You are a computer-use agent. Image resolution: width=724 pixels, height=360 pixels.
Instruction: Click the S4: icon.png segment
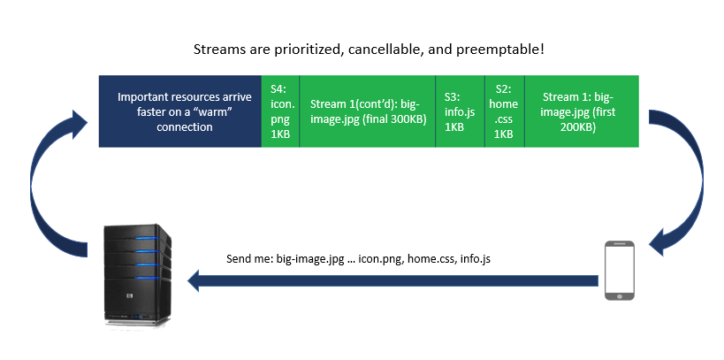[x=280, y=111]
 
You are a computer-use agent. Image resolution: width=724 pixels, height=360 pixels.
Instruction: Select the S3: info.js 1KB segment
[x=460, y=111]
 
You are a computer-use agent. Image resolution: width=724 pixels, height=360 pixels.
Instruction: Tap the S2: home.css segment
[x=505, y=111]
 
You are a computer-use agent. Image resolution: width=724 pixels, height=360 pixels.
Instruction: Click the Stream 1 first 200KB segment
[x=582, y=111]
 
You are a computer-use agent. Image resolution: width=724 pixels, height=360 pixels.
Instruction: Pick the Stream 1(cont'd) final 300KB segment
[x=368, y=111]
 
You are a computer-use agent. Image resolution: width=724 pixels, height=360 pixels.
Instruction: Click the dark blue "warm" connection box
[x=180, y=111]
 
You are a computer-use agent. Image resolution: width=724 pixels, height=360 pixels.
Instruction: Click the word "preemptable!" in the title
[x=500, y=50]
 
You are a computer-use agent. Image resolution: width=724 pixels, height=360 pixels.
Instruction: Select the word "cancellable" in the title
[x=386, y=50]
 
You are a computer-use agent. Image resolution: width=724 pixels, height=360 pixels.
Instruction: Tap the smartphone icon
[x=619, y=271]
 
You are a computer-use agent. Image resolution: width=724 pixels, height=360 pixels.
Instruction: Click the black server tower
[x=137, y=275]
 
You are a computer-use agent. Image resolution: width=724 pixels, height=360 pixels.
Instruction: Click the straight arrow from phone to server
[x=392, y=281]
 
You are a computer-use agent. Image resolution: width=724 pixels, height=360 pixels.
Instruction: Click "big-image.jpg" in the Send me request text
[x=310, y=259]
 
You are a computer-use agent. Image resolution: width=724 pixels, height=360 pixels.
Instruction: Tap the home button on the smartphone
[x=619, y=295]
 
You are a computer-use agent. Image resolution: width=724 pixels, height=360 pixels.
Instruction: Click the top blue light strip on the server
[x=147, y=239]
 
